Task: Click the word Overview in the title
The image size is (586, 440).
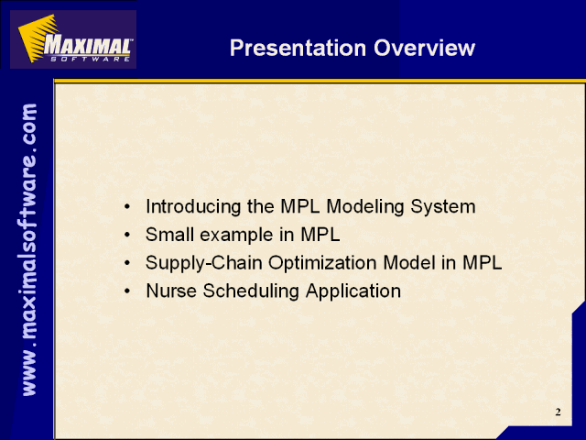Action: pyautogui.click(x=424, y=48)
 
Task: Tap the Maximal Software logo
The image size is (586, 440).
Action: pyautogui.click(x=73, y=39)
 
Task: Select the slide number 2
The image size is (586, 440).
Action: pyautogui.click(x=558, y=412)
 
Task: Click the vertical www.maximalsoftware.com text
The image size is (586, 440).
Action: pyautogui.click(x=29, y=249)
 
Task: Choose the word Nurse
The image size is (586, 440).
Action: pyautogui.click(x=171, y=291)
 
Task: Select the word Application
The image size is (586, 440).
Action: pyautogui.click(x=353, y=291)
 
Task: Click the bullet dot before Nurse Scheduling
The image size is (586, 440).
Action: pyautogui.click(x=128, y=291)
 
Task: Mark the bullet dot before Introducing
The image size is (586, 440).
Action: pyautogui.click(x=128, y=206)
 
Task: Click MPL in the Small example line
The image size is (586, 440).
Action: pyautogui.click(x=320, y=235)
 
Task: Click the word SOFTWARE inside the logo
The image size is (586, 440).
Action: pyautogui.click(x=90, y=59)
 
